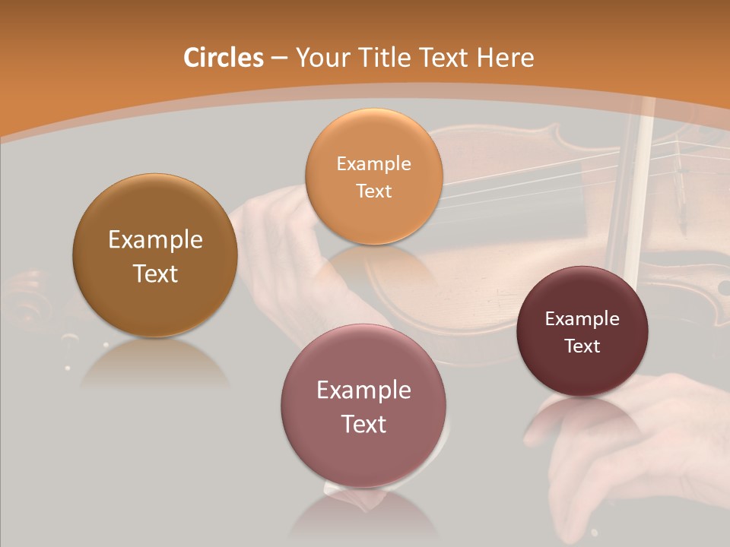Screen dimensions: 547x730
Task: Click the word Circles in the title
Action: pos(224,58)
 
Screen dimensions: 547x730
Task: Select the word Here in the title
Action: pos(505,58)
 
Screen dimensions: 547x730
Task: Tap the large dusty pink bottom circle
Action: pos(363,456)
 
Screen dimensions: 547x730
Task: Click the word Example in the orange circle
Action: pos(373,163)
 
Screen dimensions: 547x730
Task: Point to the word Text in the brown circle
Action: pos(155,273)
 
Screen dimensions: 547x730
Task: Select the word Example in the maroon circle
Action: pos(582,319)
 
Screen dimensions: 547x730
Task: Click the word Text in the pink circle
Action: pos(363,424)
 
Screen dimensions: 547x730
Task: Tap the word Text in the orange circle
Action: pos(373,191)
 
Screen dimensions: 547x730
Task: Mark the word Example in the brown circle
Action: pos(155,240)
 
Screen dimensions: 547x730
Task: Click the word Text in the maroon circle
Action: pos(582,346)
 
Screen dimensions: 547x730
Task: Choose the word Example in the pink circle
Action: pos(363,390)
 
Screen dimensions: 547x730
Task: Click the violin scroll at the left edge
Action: pos(27,300)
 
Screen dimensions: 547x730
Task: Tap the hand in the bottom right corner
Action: pos(639,456)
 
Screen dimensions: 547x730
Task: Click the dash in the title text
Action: pos(279,58)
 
